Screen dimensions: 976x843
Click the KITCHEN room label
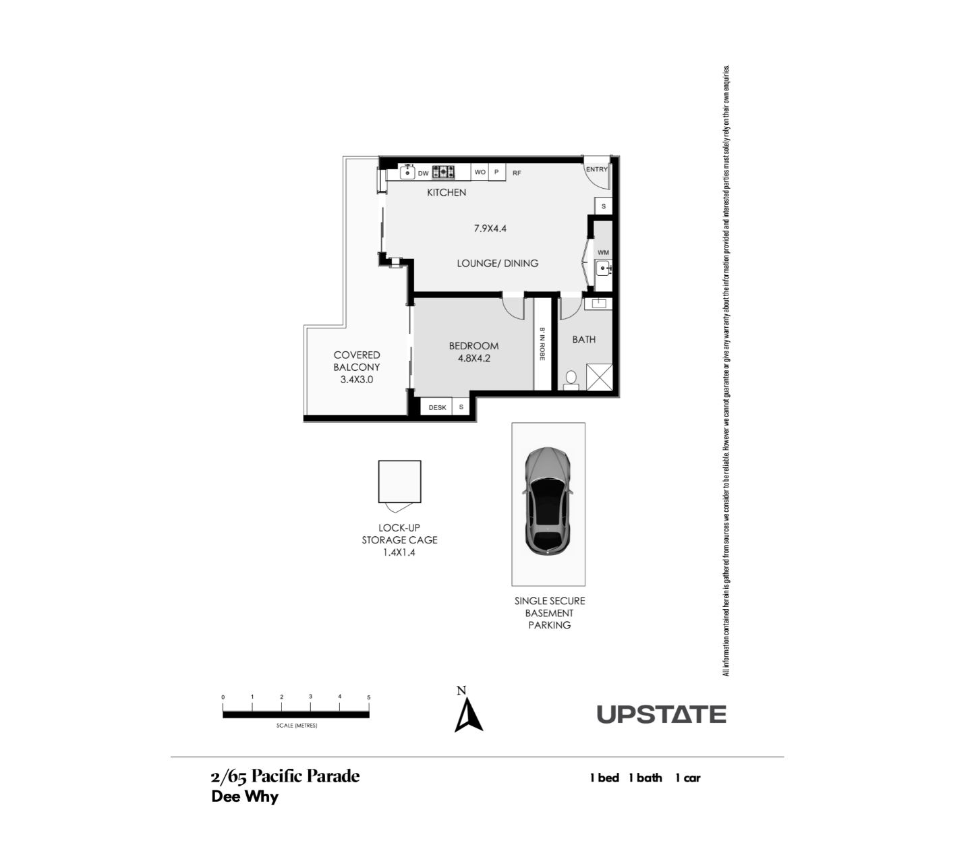tap(447, 193)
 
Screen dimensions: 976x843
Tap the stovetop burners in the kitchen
tap(443, 172)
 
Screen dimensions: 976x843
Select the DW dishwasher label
tap(423, 173)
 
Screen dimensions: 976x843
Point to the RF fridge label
tap(517, 173)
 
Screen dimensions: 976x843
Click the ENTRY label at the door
tap(596, 169)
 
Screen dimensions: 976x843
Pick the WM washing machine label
tap(603, 252)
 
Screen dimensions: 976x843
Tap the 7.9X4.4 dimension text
tap(490, 229)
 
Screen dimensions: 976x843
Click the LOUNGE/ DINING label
tap(497, 264)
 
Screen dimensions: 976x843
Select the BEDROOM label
tap(473, 346)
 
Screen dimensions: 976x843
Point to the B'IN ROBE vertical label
tap(542, 344)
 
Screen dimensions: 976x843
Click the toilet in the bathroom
tap(571, 380)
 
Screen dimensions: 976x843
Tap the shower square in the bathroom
tap(599, 377)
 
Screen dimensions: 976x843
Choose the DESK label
tap(437, 407)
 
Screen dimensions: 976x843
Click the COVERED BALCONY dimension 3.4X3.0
tap(357, 380)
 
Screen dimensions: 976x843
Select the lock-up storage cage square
tap(399, 482)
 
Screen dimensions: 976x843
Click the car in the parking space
tap(548, 500)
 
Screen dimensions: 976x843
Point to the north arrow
tap(468, 716)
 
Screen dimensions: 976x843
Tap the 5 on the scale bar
tap(369, 697)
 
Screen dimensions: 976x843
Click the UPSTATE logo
tap(662, 714)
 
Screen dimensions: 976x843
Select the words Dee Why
tap(245, 796)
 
